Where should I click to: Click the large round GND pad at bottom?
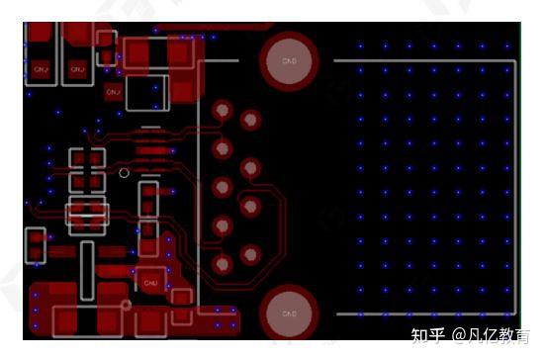pos(289,315)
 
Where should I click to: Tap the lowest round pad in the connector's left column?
pos(224,264)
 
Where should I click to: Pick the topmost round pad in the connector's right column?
pos(252,121)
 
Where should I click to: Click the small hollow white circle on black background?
pos(124,173)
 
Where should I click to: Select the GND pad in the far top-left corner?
pos(41,68)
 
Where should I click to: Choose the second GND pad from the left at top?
pos(76,68)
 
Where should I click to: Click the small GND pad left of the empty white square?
pos(112,92)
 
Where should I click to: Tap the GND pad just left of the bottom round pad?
pos(151,282)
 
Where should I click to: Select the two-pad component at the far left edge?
pos(36,244)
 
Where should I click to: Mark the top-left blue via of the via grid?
pos(360,46)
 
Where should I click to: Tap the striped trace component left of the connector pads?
pos(150,151)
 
